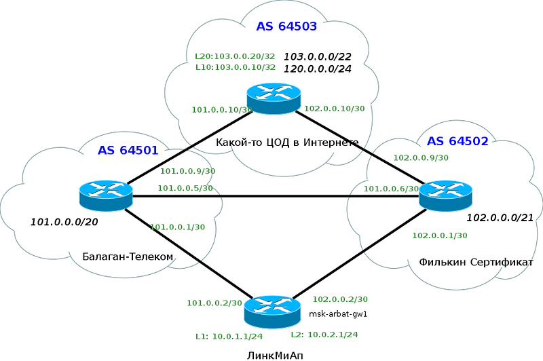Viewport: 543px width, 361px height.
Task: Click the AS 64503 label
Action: click(x=286, y=26)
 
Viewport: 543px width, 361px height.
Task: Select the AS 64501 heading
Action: click(x=128, y=150)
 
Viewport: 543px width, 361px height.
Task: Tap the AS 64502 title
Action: click(x=457, y=141)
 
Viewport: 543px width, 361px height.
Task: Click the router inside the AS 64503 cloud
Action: click(x=274, y=98)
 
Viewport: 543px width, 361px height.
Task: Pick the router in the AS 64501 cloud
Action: click(x=106, y=195)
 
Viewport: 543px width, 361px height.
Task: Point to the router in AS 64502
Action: click(x=445, y=195)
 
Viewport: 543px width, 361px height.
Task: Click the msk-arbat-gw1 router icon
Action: click(x=272, y=311)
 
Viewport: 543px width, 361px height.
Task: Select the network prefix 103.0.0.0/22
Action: click(x=318, y=56)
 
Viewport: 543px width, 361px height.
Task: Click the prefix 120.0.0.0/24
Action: click(x=318, y=69)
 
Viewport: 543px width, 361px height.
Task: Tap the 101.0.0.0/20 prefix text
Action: click(x=64, y=222)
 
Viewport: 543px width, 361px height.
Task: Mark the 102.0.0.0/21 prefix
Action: click(x=500, y=218)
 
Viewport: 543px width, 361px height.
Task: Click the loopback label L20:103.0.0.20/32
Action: click(x=235, y=56)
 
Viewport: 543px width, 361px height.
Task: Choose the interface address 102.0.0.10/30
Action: click(x=334, y=109)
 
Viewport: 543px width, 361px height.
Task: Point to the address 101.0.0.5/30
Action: click(x=185, y=188)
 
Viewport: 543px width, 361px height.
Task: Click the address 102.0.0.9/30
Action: click(x=421, y=158)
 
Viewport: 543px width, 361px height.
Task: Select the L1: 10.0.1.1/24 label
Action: click(x=229, y=337)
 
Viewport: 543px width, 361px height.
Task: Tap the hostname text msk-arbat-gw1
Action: click(x=337, y=314)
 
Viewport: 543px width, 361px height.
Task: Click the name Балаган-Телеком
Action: click(x=128, y=256)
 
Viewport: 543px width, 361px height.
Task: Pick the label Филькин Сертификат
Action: click(x=476, y=262)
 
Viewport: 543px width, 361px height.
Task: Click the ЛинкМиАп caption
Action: click(x=275, y=356)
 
